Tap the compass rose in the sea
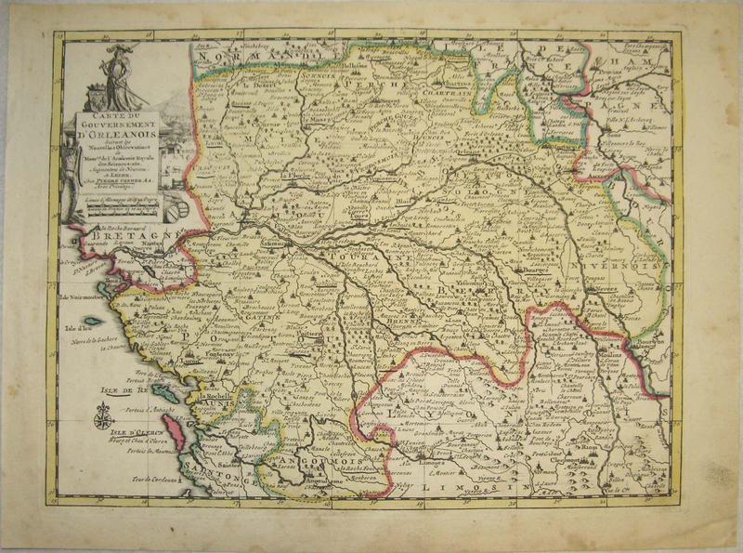pyautogui.click(x=104, y=420)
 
